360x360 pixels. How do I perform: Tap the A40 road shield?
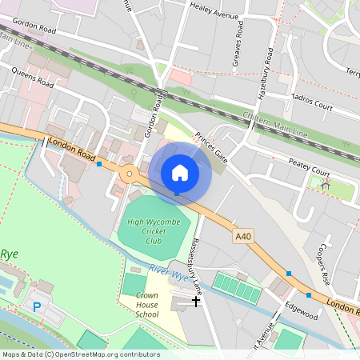pyautogui.click(x=243, y=236)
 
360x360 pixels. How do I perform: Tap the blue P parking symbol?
pyautogui.click(x=35, y=306)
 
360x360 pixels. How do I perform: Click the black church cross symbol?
pyautogui.click(x=196, y=302)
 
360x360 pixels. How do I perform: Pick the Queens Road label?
pyautogui.click(x=33, y=77)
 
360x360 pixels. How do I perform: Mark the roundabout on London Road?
pyautogui.click(x=129, y=172)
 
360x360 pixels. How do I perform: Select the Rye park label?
pyautogui.click(x=9, y=254)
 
